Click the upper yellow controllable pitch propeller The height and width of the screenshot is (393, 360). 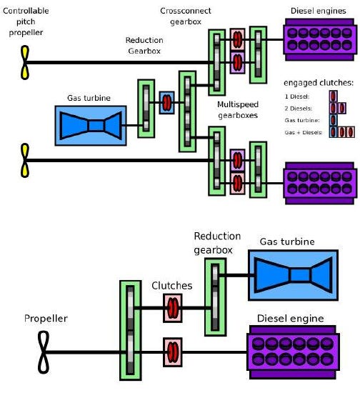25,62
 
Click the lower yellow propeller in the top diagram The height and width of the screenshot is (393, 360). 25,160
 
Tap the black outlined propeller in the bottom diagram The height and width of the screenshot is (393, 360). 44,352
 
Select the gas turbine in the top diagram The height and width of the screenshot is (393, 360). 91,126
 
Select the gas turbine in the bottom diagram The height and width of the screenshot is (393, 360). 293,275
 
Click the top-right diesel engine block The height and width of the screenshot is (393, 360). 320,39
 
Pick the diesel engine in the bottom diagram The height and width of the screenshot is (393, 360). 293,352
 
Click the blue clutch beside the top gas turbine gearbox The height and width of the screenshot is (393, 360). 167,102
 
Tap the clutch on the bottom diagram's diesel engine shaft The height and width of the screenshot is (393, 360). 173,352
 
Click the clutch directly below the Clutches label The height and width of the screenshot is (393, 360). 173,308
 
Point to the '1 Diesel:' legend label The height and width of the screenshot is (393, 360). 297,96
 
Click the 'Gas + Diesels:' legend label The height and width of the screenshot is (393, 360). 304,132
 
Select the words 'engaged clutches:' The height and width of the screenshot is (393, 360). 319,83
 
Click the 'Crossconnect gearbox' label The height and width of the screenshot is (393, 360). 186,16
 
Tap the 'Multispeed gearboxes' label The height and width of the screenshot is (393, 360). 238,110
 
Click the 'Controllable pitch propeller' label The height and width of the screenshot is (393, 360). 26,21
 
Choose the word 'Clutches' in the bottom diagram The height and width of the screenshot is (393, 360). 172,286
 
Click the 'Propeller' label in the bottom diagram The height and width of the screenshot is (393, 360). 46,319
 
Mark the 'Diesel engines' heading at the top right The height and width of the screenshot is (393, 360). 318,11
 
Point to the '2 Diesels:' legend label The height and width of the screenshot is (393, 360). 299,109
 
